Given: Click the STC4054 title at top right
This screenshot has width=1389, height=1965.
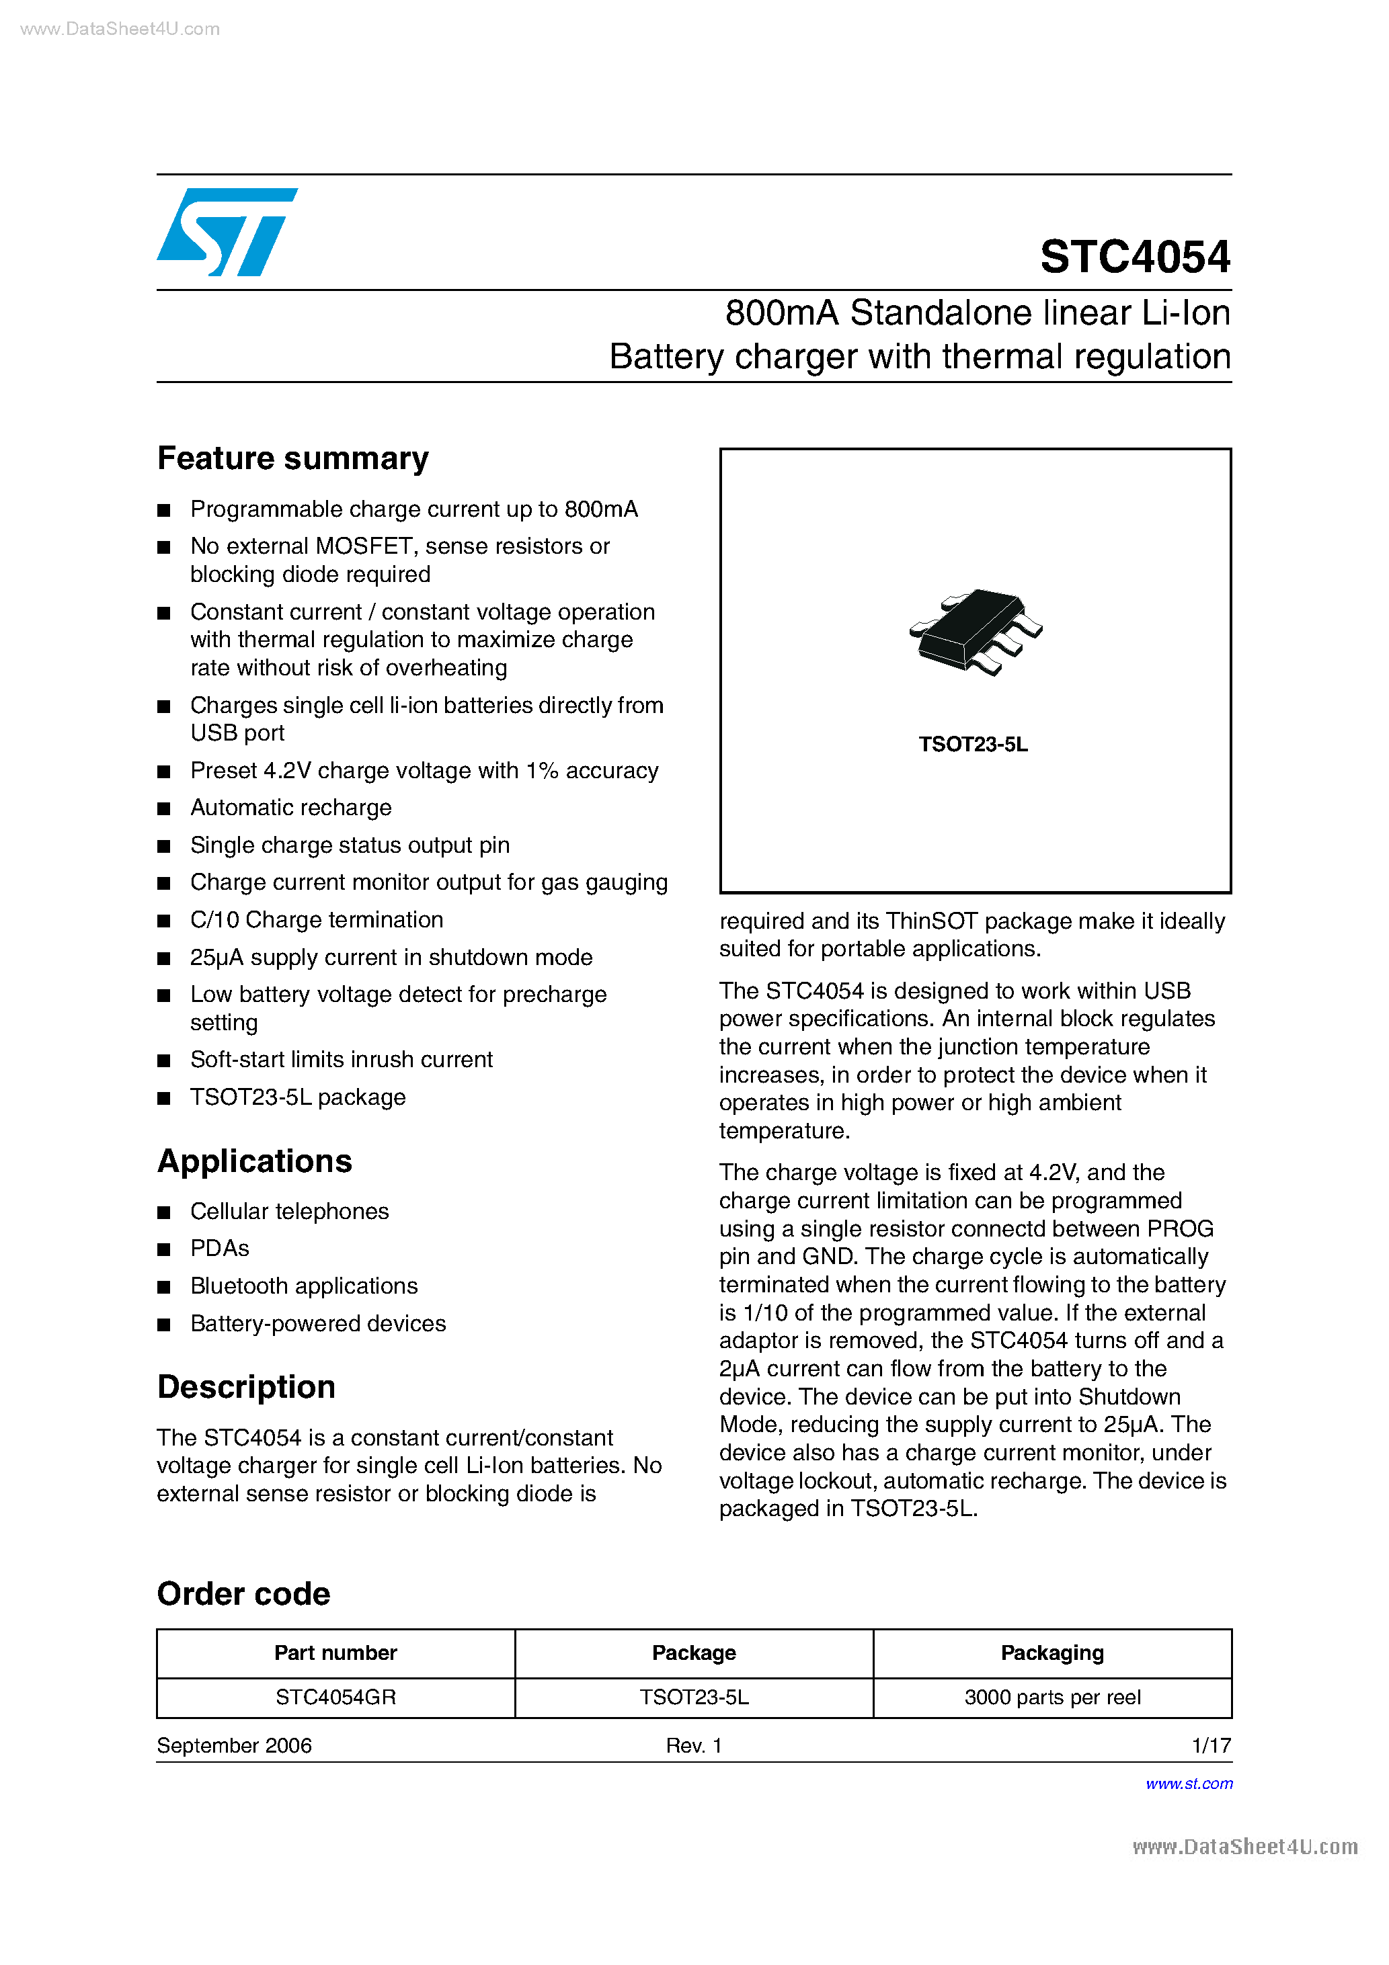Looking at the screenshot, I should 1135,257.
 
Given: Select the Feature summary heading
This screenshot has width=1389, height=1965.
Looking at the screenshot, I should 293,459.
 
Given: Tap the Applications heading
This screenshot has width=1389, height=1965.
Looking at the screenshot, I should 254,1161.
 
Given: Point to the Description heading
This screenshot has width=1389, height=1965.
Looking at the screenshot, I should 246,1386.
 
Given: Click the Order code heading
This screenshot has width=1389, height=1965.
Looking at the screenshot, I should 243,1593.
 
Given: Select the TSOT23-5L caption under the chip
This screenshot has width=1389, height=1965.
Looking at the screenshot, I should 973,745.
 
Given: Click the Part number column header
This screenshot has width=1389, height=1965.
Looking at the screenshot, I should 335,1653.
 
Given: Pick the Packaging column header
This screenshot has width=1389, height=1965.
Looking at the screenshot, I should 1051,1653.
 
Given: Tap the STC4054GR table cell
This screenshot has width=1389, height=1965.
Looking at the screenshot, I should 335,1697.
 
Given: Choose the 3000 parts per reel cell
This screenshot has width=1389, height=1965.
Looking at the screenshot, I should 1051,1697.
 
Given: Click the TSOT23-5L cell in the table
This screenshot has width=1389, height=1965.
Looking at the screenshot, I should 694,1697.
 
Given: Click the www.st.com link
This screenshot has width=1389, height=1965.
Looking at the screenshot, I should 1189,1784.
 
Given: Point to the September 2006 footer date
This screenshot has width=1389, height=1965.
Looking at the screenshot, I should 234,1745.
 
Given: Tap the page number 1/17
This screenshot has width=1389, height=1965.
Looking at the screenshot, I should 1211,1745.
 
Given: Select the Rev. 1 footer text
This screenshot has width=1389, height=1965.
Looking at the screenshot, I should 694,1745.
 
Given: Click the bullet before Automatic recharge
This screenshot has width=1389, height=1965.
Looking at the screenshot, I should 165,808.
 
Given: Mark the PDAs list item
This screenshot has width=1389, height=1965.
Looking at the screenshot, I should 219,1248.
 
